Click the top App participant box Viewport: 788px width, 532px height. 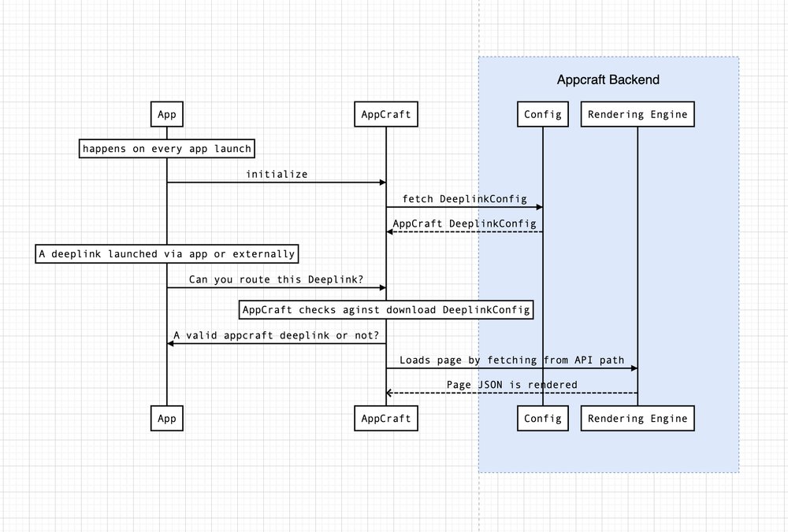click(166, 114)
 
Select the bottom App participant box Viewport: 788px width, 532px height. click(166, 418)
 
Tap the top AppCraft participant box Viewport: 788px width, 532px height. click(385, 114)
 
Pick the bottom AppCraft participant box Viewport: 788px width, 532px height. click(385, 418)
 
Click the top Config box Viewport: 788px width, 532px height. click(542, 114)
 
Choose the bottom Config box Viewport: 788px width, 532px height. click(542, 418)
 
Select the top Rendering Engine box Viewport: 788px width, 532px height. click(637, 114)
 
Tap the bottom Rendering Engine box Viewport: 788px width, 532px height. click(637, 418)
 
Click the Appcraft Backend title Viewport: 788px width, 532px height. click(608, 79)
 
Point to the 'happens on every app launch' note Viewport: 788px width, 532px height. click(166, 148)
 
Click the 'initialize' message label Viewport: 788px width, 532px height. click(276, 174)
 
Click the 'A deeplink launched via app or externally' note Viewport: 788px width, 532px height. click(166, 253)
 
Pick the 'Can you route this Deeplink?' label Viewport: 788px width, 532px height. click(276, 279)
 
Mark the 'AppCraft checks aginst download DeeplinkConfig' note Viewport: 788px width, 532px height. click(385, 310)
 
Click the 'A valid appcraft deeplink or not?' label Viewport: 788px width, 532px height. click(276, 334)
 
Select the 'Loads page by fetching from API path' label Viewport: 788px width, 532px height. click(511, 360)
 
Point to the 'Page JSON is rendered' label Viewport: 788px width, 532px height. click(511, 384)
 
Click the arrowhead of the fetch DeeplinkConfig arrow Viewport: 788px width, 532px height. click(539, 207)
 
